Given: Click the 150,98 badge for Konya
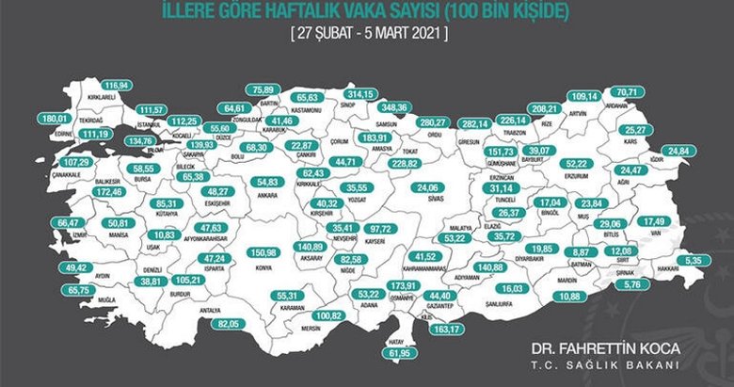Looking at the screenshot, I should click(262, 252).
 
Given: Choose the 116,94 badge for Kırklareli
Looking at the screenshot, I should click(117, 85).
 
